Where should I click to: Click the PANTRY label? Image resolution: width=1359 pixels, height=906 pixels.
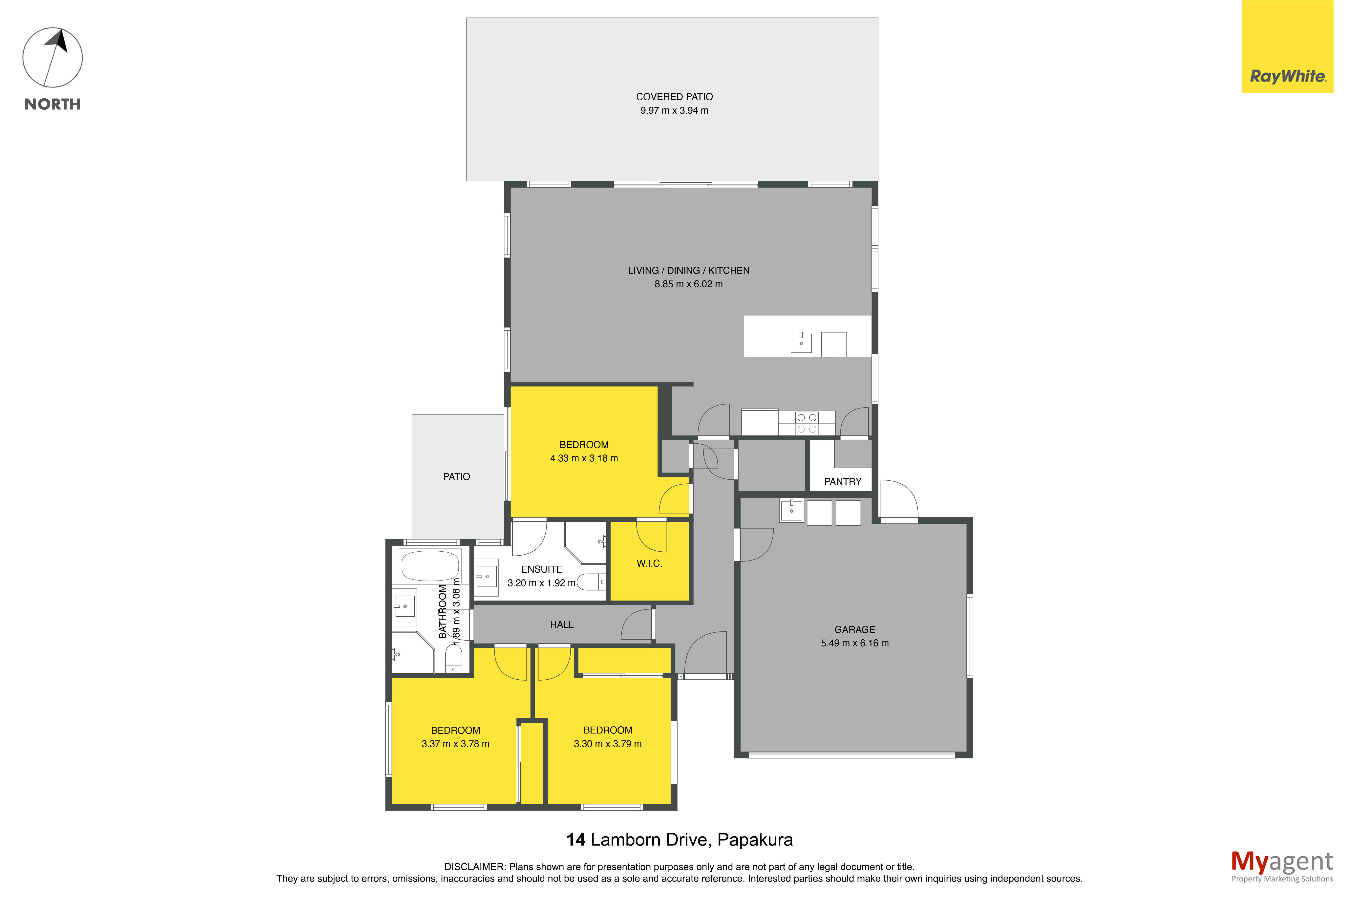point(843,481)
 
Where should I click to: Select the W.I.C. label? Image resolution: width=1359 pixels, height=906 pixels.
point(649,563)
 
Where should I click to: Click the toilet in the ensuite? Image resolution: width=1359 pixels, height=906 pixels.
point(591,582)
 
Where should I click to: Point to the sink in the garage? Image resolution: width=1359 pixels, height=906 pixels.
point(791,510)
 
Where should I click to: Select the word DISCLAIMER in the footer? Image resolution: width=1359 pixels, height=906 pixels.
point(474,867)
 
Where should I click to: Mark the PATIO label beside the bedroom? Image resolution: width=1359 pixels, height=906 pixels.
point(456,477)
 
